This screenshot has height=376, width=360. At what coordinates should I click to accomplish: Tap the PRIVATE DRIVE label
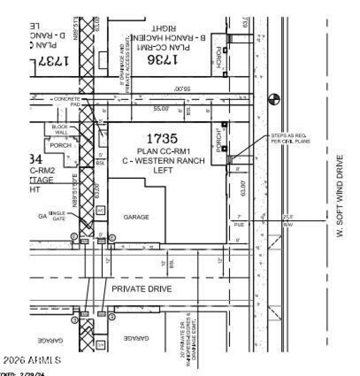tap(142, 289)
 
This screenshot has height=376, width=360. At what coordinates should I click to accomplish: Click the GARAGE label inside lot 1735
tap(136, 217)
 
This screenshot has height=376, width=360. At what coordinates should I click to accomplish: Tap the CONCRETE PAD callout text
tap(67, 101)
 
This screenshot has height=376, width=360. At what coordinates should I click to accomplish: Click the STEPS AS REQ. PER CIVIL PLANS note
tap(290, 138)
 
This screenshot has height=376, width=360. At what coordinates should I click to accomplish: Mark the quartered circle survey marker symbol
tap(274, 99)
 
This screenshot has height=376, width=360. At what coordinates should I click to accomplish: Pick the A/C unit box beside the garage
tap(101, 210)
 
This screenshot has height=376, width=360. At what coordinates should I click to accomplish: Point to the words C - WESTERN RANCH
tap(163, 161)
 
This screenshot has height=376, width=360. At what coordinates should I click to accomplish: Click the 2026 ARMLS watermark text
tap(32, 360)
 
